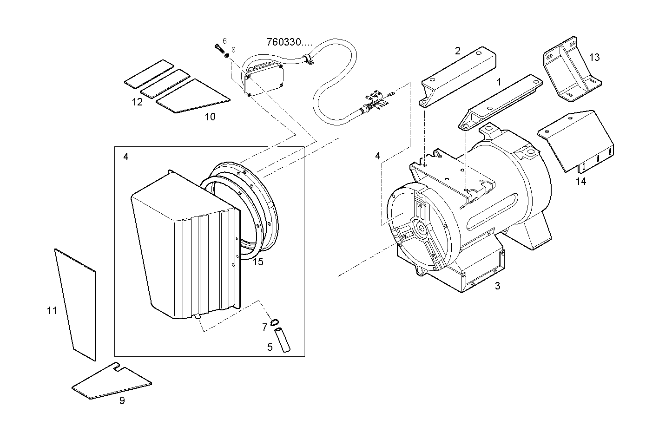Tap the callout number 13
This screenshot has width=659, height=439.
[x=594, y=57]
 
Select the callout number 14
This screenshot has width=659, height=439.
[x=581, y=181]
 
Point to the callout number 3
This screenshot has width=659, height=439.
[x=497, y=286]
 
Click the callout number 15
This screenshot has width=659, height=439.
[x=258, y=262]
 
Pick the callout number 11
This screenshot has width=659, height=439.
[x=52, y=310]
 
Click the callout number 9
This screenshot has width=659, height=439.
[x=122, y=400]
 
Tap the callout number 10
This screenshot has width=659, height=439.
[x=210, y=117]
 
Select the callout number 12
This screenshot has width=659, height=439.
[x=137, y=102]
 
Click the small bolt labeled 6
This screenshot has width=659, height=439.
[x=218, y=47]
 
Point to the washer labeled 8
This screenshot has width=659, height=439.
[x=227, y=56]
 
